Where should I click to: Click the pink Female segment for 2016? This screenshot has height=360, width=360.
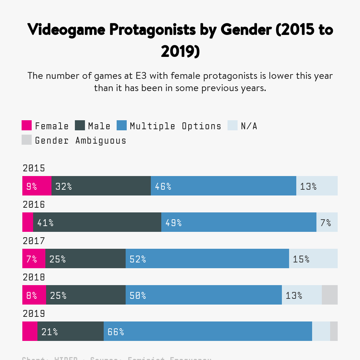click(x=28, y=222)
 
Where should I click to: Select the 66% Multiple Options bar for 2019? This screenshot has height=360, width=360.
click(x=208, y=331)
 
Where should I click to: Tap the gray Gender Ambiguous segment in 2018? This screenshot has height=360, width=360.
click(x=329, y=295)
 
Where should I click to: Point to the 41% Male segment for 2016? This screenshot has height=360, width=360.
click(x=97, y=222)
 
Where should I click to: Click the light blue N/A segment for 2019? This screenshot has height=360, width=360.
click(x=321, y=331)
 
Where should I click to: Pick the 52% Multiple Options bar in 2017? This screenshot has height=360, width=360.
click(x=207, y=258)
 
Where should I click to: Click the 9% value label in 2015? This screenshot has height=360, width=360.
click(x=32, y=186)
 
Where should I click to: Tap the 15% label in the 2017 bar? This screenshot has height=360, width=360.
click(x=301, y=259)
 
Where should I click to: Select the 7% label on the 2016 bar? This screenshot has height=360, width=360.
click(x=326, y=222)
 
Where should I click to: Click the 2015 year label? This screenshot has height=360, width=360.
click(x=34, y=168)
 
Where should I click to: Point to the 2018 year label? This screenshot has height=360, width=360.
click(x=34, y=277)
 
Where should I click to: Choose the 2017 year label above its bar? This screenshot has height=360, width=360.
click(x=34, y=241)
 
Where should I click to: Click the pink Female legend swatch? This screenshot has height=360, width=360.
click(x=27, y=126)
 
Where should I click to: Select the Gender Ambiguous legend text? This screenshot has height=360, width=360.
click(x=81, y=140)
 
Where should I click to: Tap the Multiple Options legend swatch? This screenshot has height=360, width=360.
click(x=122, y=126)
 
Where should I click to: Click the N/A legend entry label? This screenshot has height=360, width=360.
click(x=249, y=126)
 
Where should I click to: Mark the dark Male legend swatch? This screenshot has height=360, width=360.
click(x=80, y=126)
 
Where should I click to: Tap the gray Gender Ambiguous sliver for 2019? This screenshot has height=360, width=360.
click(x=334, y=331)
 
